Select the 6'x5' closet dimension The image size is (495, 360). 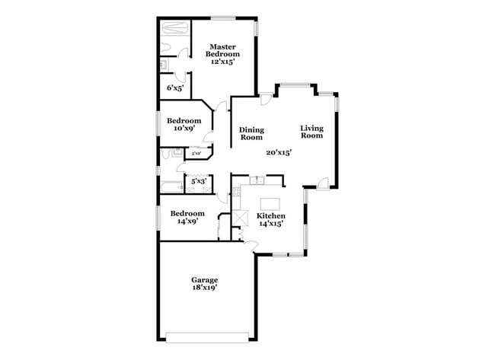[175, 88]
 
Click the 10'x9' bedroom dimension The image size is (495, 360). [184, 128]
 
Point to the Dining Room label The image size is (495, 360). [251, 133]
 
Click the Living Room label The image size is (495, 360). [311, 132]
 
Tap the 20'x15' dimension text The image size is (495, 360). [279, 152]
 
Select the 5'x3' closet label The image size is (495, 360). [198, 181]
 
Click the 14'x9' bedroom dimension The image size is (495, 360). [187, 221]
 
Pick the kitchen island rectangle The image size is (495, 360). [271, 205]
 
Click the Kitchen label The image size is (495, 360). [271, 215]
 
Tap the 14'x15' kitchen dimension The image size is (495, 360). [271, 224]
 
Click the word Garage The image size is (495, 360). [204, 280]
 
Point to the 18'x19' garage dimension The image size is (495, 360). [204, 289]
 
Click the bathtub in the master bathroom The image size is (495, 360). [174, 30]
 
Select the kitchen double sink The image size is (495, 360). [257, 180]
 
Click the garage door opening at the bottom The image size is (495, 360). [207, 336]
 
